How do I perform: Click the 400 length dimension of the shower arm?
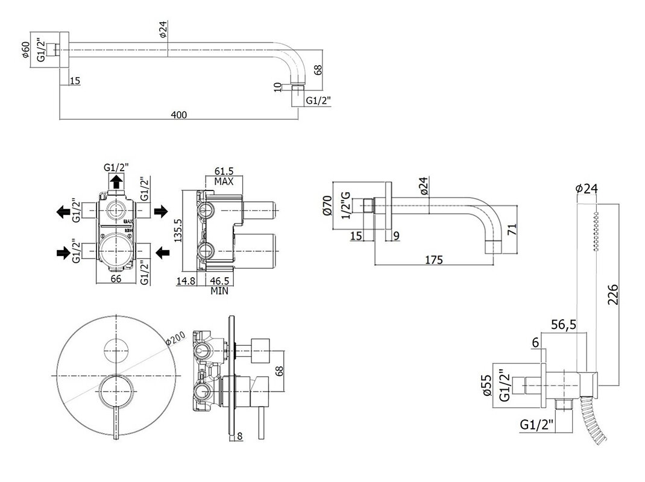point(178,114)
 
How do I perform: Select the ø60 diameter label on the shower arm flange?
point(26,49)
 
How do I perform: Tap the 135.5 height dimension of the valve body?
point(178,230)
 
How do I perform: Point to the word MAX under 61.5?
point(224,181)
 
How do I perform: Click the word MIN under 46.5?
point(219,291)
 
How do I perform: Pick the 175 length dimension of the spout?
point(434,260)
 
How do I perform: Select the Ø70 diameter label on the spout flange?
point(327,205)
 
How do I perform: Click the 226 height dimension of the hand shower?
point(613,294)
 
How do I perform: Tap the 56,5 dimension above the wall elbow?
point(564,325)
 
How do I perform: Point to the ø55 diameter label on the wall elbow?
point(487,386)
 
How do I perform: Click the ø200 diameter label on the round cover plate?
point(175,337)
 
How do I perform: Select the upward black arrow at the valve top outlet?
point(117,181)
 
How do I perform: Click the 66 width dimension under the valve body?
point(116,278)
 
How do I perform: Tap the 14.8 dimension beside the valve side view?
point(185,281)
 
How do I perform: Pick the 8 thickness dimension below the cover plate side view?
point(240,436)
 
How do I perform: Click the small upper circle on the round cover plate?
point(117,351)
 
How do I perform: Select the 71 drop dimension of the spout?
point(512,229)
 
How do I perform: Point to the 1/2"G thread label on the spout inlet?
point(347,205)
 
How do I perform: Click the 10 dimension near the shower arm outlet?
point(278,87)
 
